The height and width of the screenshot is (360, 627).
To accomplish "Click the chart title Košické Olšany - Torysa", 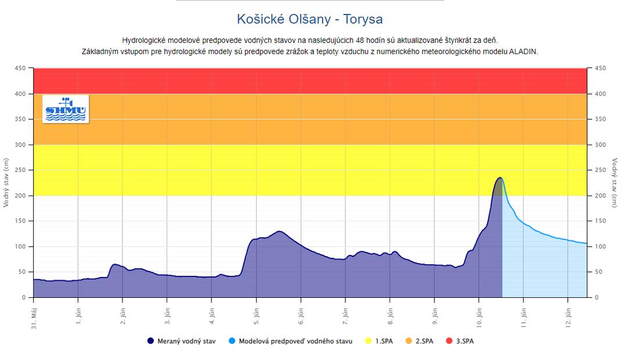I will [309, 19].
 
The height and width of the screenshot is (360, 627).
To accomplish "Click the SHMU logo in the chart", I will [66, 109].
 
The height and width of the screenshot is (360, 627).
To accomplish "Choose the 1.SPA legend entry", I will [380, 341].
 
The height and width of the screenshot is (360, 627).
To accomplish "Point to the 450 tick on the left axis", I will [21, 69].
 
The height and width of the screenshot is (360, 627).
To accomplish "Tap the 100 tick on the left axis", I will [21, 247].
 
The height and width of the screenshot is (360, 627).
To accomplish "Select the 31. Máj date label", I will [34, 317].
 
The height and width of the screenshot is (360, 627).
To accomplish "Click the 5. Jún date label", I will [257, 314].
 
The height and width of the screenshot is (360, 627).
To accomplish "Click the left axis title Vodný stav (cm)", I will [7, 183].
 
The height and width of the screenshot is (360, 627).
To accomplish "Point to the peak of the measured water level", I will [499, 178].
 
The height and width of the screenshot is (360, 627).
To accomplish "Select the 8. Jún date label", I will [390, 314].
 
